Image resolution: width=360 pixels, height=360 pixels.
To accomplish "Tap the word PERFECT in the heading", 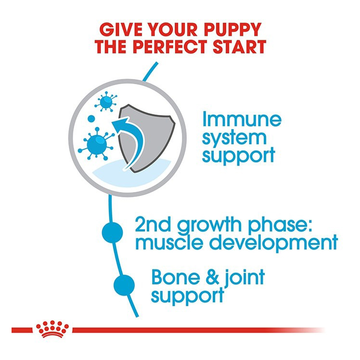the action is [x=170, y=47].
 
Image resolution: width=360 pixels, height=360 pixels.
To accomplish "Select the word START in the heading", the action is [x=239, y=47].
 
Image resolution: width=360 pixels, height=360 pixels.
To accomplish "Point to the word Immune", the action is [x=242, y=119].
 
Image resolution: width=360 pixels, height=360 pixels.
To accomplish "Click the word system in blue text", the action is [x=234, y=138].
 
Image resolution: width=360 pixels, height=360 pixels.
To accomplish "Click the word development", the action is [x=274, y=243].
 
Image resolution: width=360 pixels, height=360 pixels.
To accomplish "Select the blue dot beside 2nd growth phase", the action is [x=112, y=232].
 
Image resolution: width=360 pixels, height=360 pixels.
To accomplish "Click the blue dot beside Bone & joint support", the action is [x=124, y=285].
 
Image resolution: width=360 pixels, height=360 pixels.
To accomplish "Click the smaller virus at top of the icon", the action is [x=106, y=102].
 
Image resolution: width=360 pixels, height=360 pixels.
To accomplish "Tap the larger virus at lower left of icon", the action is [x=96, y=144].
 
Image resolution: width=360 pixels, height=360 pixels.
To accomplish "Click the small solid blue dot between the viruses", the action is [x=91, y=119].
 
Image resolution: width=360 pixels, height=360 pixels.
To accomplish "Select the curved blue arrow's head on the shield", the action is [x=120, y=125].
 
